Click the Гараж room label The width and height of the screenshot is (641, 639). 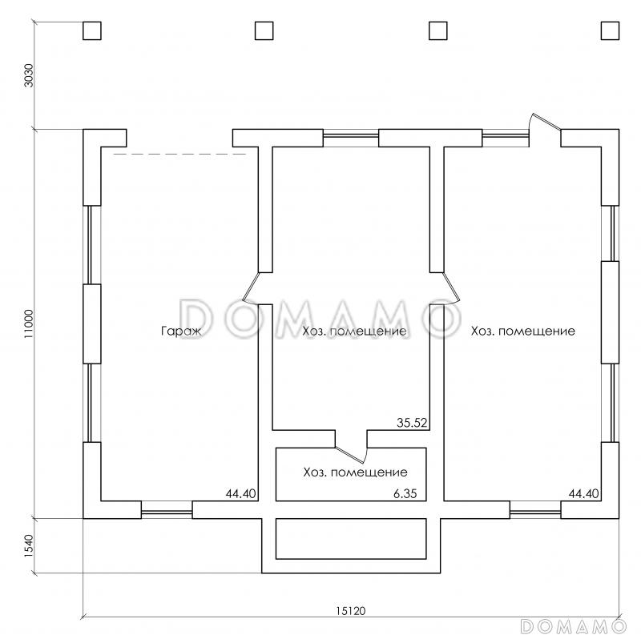tap(182, 332)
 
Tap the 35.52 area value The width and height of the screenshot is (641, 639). tap(412, 423)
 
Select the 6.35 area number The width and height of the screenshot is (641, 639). tap(405, 493)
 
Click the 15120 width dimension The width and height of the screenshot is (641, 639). tap(351, 611)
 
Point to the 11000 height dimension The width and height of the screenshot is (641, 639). tap(28, 324)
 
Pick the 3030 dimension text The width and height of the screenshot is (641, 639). tap(29, 75)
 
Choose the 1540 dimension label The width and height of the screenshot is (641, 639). tap(28, 546)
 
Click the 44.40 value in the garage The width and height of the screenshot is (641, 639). tap(241, 493)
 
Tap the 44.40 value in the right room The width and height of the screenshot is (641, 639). tap(584, 493)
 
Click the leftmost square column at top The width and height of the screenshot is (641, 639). tap(92, 30)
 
